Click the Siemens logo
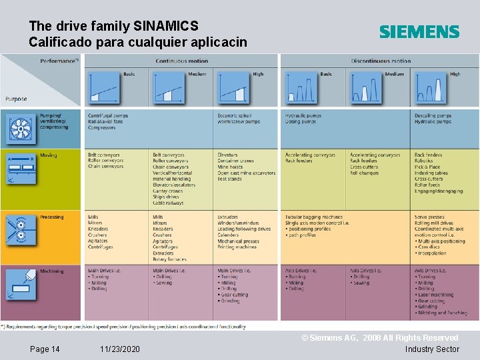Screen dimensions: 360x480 pyautogui.click(x=419, y=31)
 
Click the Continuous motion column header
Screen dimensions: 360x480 pyautogui.click(x=181, y=61)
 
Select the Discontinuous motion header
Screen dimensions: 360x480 pyautogui.click(x=381, y=61)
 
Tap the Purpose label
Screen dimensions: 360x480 pyautogui.click(x=17, y=99)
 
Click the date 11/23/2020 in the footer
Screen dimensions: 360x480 pyautogui.click(x=120, y=349)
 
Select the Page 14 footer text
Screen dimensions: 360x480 pyautogui.click(x=45, y=349)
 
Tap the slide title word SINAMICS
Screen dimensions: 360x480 pyautogui.click(x=166, y=26)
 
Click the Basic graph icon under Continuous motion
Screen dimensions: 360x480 pyautogui.click(x=104, y=87)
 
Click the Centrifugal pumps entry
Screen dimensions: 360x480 pyautogui.click(x=107, y=115)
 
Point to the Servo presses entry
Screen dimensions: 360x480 pyautogui.click(x=429, y=217)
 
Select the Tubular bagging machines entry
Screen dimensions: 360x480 pyautogui.click(x=313, y=217)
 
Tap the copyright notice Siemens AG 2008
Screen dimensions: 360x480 pyautogui.click(x=380, y=339)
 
